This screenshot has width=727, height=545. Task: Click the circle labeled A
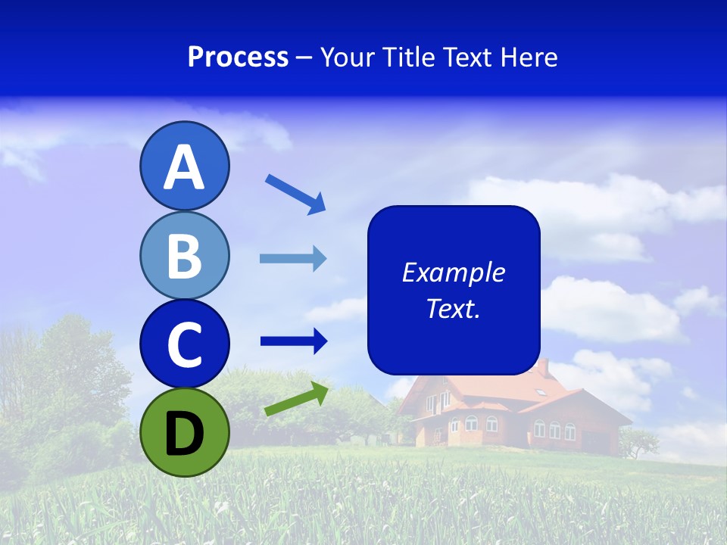tap(184, 166)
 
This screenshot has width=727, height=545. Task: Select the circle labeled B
tap(184, 255)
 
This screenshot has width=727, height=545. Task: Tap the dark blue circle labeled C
tap(184, 344)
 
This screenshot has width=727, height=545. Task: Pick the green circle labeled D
tap(184, 432)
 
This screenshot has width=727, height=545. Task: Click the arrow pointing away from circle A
tap(295, 193)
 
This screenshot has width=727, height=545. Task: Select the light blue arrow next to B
tap(293, 259)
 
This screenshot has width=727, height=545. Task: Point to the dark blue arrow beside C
tap(294, 341)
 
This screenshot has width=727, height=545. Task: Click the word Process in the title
tap(238, 57)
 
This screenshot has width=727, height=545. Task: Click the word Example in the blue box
tap(453, 272)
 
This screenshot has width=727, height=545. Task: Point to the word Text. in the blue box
tap(453, 308)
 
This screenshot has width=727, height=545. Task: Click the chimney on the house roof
tap(542, 367)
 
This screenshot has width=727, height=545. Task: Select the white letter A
tap(184, 167)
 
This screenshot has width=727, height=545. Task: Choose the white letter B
tap(184, 256)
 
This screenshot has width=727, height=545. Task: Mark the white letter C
tap(184, 345)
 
